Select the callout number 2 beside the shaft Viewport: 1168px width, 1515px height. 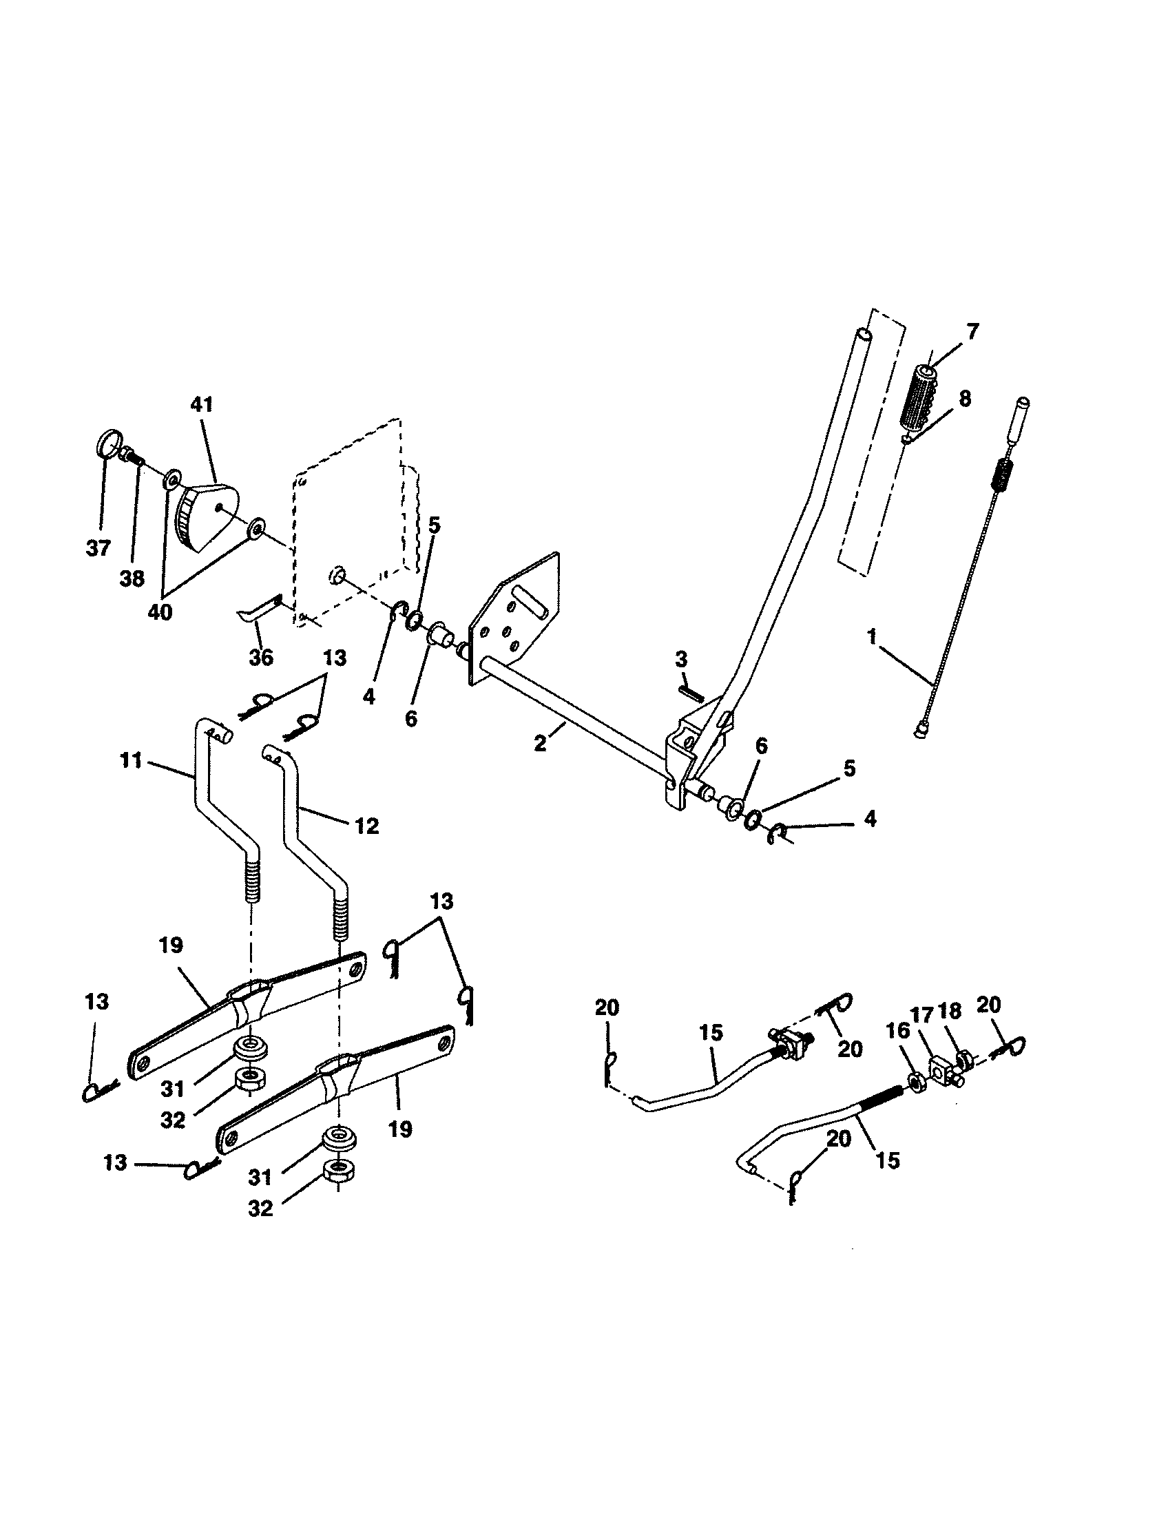(541, 744)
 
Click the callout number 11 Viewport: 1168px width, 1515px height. (130, 761)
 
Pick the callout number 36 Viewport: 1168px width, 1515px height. (261, 657)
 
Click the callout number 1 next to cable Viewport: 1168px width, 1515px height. (872, 636)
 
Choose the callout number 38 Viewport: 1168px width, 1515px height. (132, 578)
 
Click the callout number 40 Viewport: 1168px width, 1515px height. (160, 613)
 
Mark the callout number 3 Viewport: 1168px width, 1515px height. (681, 658)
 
